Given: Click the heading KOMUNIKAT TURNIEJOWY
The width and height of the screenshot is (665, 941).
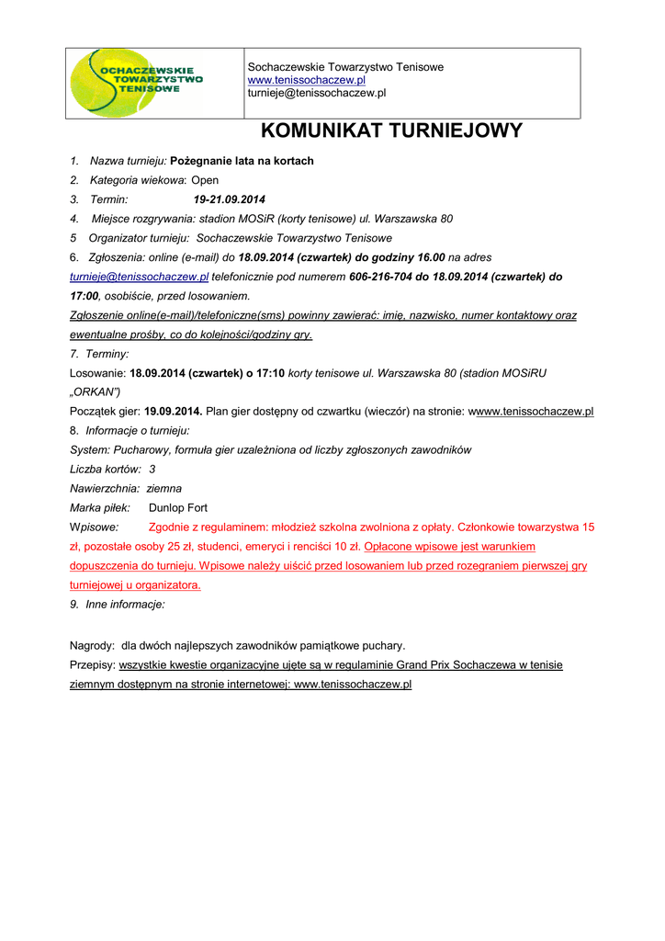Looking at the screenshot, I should [391, 130].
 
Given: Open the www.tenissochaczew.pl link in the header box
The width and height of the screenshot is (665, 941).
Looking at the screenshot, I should [307, 81].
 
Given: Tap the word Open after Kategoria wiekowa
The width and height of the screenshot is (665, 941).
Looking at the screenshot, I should [205, 180].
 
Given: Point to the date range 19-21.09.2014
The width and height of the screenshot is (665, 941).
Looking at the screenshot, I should [229, 199].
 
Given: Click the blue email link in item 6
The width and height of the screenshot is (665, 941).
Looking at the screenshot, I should [140, 277].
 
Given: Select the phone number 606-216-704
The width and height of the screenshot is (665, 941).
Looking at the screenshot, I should [381, 277].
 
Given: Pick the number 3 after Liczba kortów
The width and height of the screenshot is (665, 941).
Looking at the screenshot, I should [152, 470].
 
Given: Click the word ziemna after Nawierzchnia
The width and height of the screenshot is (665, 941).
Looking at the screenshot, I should [164, 489].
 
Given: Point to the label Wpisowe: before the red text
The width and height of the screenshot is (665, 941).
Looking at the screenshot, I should [95, 527].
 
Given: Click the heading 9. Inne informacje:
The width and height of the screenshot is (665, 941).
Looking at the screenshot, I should [118, 605].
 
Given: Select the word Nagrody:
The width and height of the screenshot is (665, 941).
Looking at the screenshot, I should [93, 646].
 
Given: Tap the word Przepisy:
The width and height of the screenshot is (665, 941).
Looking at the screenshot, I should [93, 665].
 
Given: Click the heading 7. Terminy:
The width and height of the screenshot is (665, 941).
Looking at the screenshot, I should [99, 354].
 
